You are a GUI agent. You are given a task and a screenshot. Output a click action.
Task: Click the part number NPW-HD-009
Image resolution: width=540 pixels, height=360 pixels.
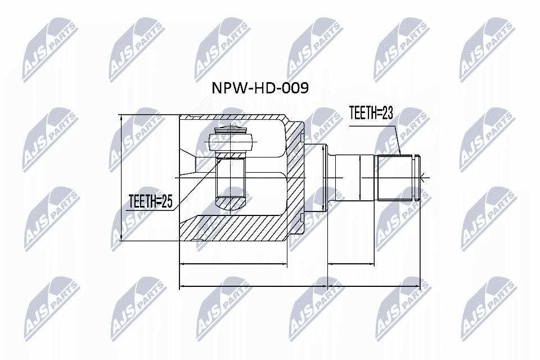coord(259,88)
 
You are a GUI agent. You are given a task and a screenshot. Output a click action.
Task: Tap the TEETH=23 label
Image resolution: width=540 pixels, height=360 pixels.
coord(370,113)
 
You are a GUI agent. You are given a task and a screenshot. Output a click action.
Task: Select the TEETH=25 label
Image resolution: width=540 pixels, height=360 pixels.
coord(150,201)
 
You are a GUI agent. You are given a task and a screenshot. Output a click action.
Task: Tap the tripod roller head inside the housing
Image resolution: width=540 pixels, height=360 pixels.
coord(231,138)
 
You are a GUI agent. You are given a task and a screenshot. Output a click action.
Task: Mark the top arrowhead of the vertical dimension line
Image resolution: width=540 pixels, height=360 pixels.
coord(121,118)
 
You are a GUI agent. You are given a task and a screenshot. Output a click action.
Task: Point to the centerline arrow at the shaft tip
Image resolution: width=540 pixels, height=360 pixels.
coord(422,178)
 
